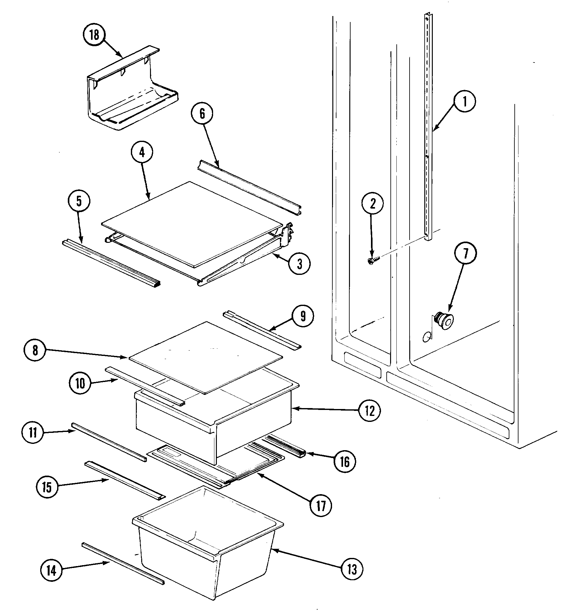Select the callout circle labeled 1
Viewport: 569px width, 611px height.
coord(464,101)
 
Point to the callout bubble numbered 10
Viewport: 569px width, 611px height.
coord(80,384)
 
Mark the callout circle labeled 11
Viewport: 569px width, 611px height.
coord(33,433)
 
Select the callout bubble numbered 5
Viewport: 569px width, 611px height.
coord(79,201)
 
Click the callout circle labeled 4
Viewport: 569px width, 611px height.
coord(142,153)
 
